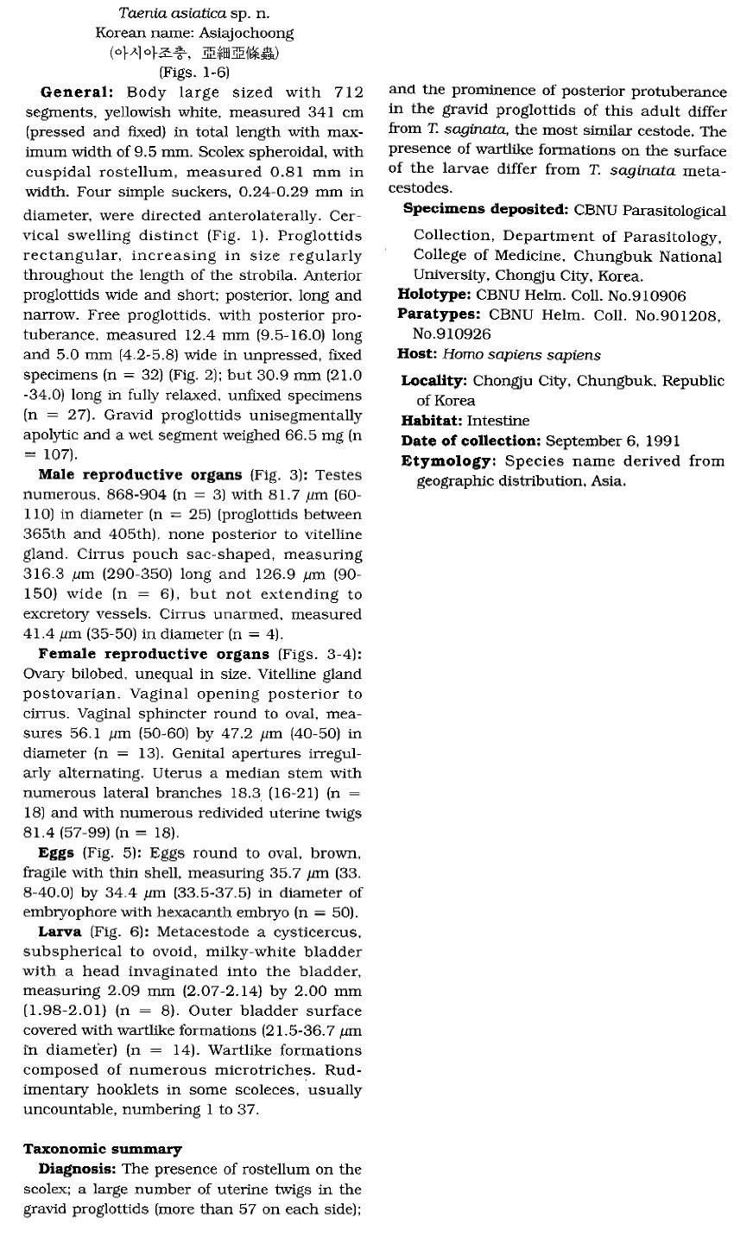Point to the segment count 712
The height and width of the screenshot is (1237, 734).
click(x=345, y=92)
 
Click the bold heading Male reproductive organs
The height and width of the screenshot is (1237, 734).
click(x=141, y=475)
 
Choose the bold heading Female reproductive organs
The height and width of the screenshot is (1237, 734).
click(x=154, y=654)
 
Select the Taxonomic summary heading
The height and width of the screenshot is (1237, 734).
click(x=102, y=1149)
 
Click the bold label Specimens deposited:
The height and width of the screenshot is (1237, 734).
click(x=484, y=210)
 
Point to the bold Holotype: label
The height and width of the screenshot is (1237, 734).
click(x=435, y=295)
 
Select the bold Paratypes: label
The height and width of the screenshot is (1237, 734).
click(x=439, y=314)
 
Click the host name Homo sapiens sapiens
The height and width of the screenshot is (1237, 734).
click(x=522, y=354)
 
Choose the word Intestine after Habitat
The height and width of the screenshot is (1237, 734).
click(x=498, y=421)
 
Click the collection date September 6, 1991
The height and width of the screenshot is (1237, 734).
click(x=613, y=441)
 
